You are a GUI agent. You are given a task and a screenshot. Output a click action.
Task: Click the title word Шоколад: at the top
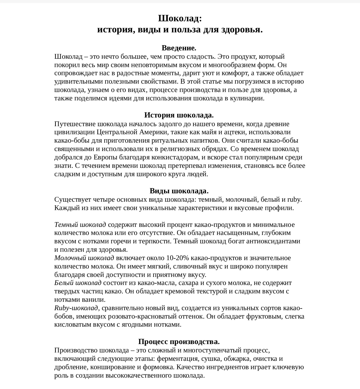180,19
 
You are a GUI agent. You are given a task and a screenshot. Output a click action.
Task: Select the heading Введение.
179,48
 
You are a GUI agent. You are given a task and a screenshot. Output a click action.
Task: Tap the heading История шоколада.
179,115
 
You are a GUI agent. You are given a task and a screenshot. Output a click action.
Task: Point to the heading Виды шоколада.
179,191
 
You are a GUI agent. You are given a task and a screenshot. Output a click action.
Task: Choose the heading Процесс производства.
179,342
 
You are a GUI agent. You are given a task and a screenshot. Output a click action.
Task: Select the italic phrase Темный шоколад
80,225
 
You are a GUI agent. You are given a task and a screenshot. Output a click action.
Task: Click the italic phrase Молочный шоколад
84,258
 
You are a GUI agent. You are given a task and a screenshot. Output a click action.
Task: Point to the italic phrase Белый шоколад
78,283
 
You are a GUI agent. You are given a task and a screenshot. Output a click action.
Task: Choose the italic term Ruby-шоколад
76,308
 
